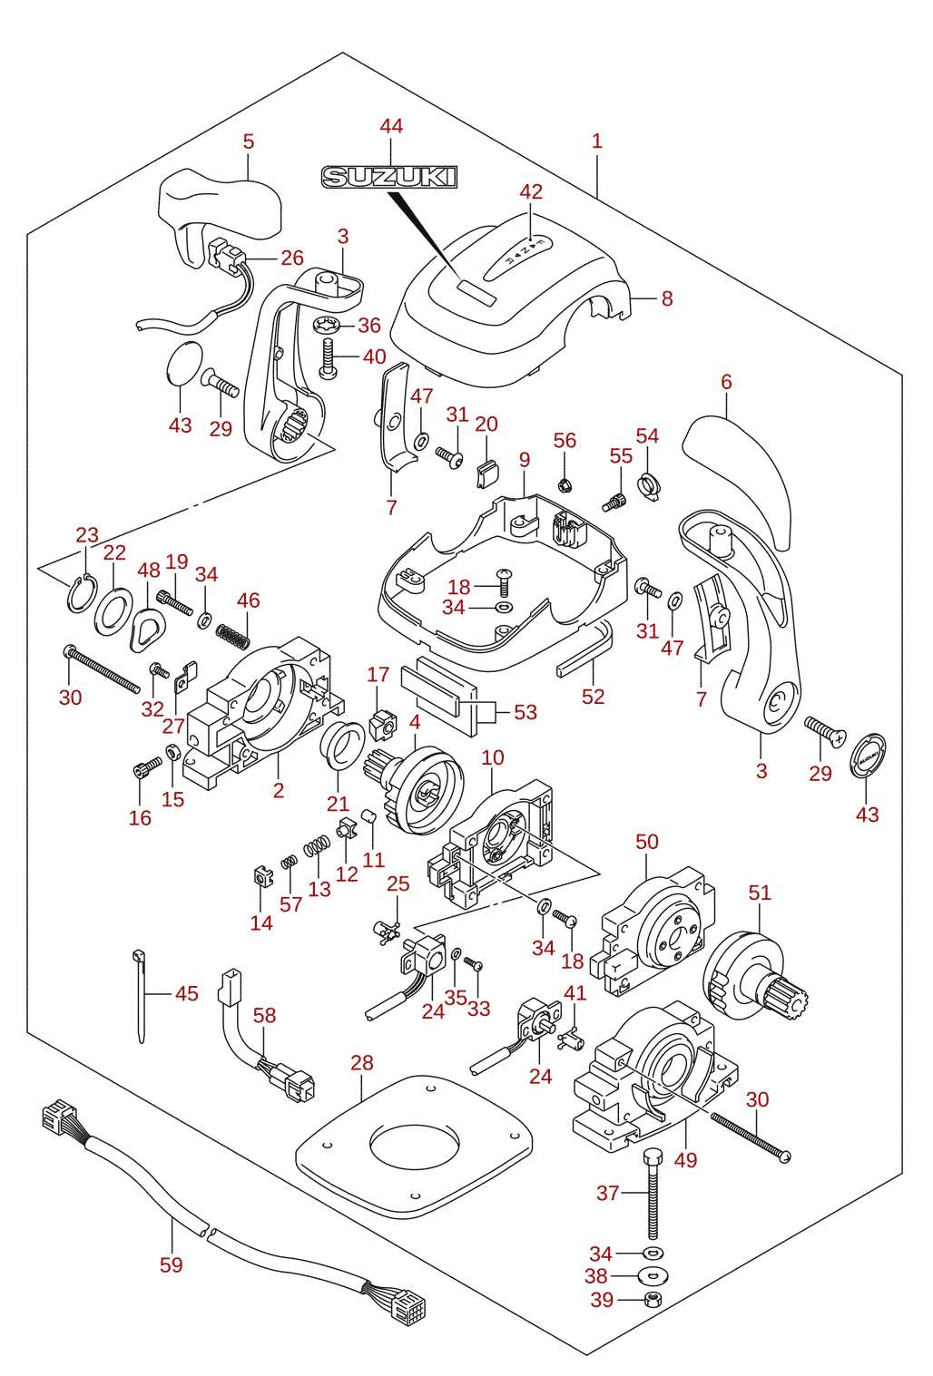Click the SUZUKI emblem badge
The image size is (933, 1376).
389,177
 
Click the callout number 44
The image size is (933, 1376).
391,127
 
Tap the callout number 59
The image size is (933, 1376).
172,1264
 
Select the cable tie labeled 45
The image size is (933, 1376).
140,996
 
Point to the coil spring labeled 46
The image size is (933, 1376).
233,635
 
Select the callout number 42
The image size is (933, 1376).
531,191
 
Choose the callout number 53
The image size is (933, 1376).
525,712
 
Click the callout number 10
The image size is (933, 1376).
492,757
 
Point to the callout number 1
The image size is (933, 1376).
596,142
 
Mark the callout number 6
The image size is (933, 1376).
726,382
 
